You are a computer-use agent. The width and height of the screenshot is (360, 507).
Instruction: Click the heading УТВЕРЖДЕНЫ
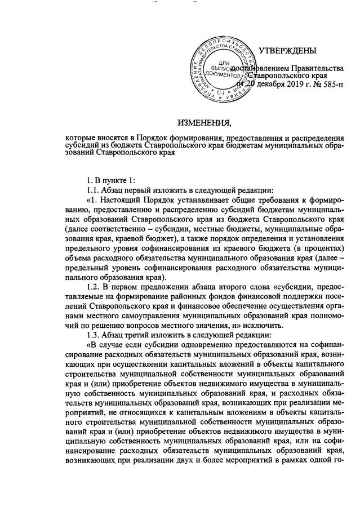(287, 51)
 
